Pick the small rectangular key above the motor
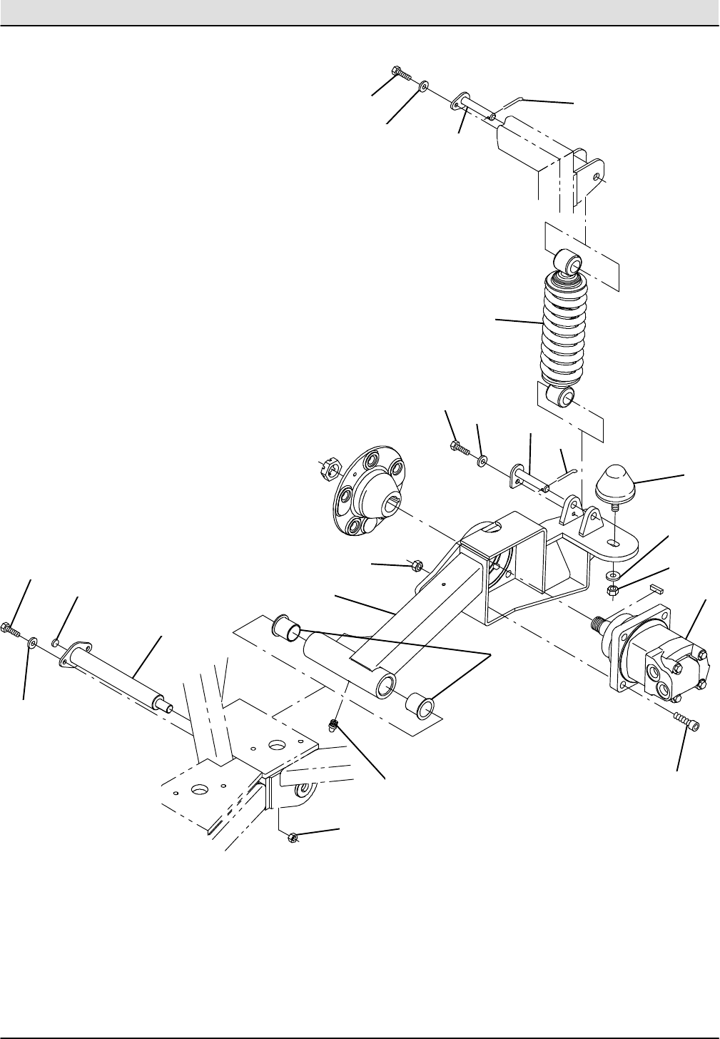(659, 589)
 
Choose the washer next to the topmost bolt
(423, 86)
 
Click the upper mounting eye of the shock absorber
(570, 262)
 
